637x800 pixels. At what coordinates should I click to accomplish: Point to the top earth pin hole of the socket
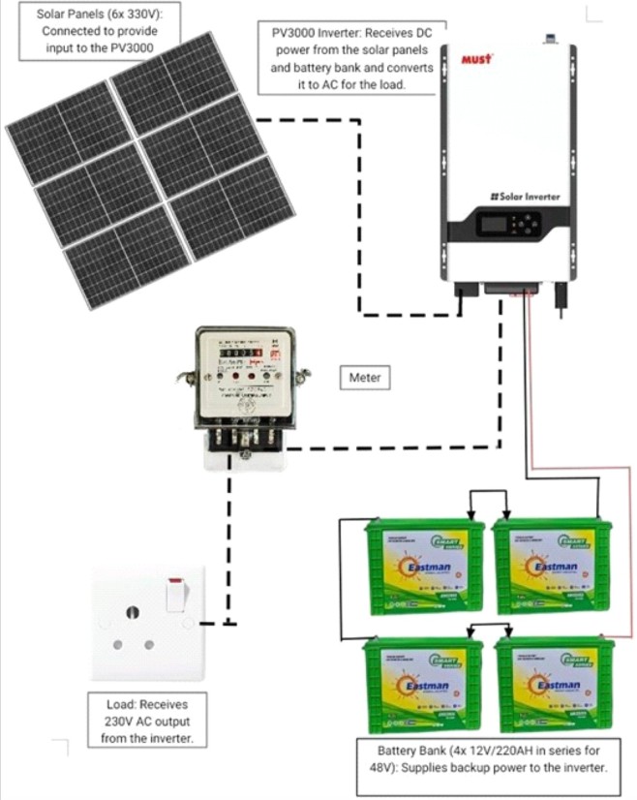131,611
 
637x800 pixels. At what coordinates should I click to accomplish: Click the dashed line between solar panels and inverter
359,213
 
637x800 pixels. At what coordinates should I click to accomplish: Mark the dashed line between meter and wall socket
229,542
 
